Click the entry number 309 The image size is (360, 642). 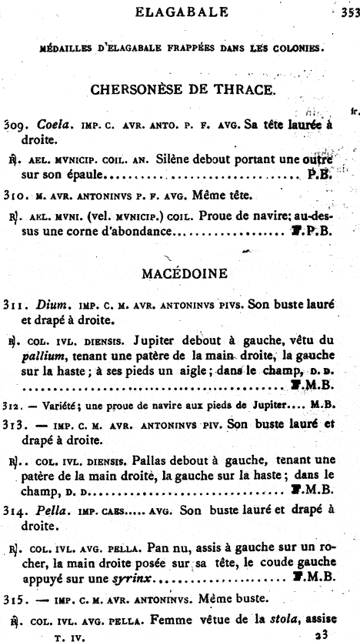[x=15, y=125]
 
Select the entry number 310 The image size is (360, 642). [x=15, y=196]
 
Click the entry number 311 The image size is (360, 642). [x=15, y=304]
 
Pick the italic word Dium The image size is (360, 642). [x=45, y=304]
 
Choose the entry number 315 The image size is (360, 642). [x=15, y=597]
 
